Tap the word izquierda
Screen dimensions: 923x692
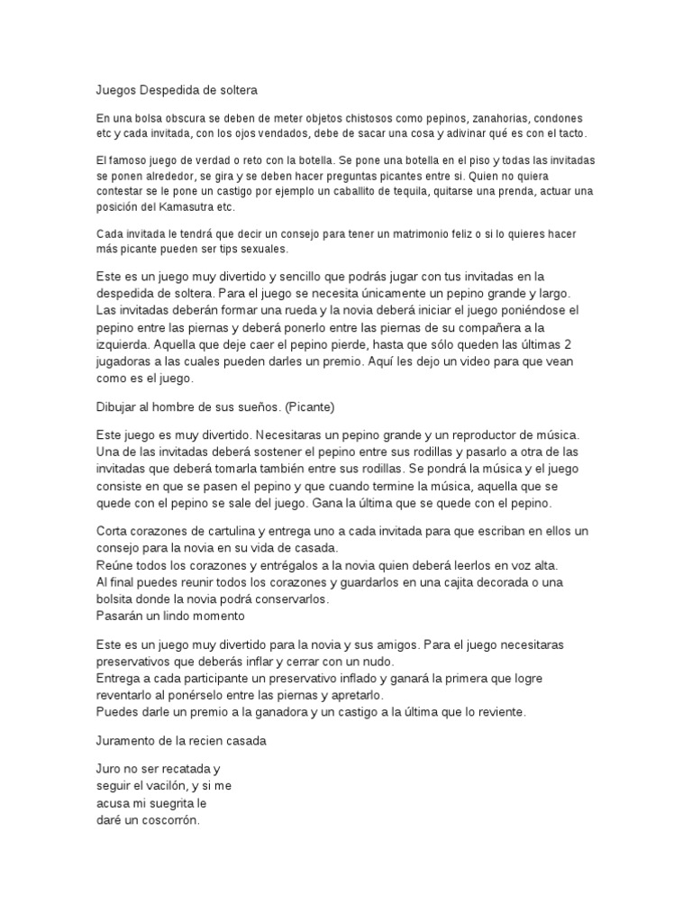point(125,344)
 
